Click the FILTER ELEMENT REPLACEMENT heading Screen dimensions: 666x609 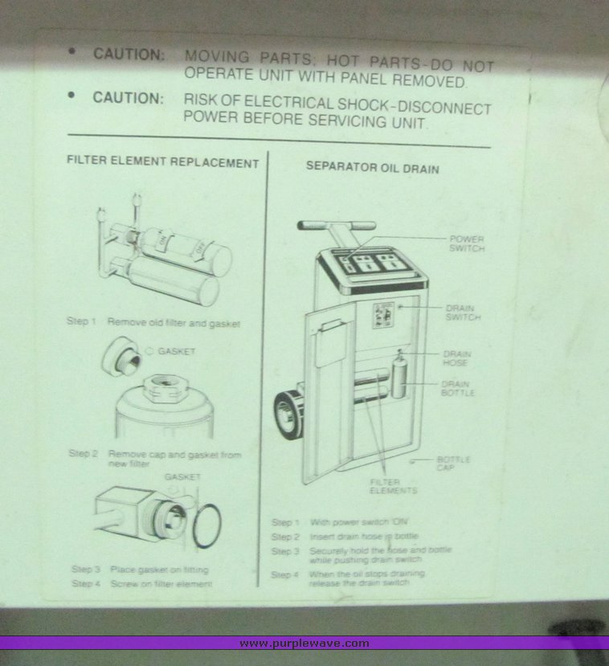pyautogui.click(x=162, y=162)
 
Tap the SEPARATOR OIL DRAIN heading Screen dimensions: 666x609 pyautogui.click(x=372, y=169)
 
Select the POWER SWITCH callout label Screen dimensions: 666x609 pyautogui.click(x=466, y=243)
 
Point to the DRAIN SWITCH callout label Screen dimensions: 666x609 pyautogui.click(x=463, y=313)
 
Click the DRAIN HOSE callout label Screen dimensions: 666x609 pyautogui.click(x=456, y=358)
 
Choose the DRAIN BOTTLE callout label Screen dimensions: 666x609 pyautogui.click(x=456, y=389)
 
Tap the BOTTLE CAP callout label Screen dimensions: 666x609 pyautogui.click(x=453, y=463)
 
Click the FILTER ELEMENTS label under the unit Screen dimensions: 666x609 pyautogui.click(x=393, y=486)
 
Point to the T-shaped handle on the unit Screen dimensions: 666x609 pyautogui.click(x=337, y=227)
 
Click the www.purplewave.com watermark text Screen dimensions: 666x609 pyautogui.click(x=304, y=644)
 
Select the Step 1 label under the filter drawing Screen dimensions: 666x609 pyautogui.click(x=81, y=321)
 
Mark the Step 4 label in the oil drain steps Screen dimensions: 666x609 pyautogui.click(x=285, y=574)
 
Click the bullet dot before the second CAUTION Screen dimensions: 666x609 pyautogui.click(x=72, y=94)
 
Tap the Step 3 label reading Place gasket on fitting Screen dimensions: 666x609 pyautogui.click(x=86, y=569)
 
